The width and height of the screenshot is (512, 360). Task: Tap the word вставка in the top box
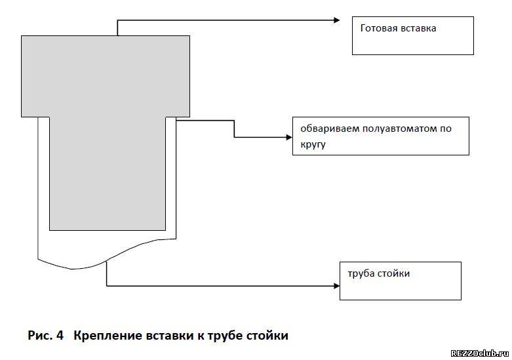(418, 28)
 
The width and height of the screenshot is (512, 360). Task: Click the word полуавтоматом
(399, 129)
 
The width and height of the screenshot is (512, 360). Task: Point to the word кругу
(313, 144)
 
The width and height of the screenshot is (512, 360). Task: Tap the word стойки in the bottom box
(393, 273)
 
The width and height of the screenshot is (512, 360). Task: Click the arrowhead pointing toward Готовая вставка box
(337, 20)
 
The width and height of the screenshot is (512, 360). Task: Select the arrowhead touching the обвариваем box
(289, 137)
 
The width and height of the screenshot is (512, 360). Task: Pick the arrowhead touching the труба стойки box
(337, 286)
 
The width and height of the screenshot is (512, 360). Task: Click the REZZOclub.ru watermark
(480, 353)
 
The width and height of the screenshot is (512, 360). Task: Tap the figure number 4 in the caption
(60, 336)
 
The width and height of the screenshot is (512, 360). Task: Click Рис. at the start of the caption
(40, 336)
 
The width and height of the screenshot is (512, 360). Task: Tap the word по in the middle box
(445, 129)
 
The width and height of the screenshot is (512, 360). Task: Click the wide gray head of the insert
(106, 76)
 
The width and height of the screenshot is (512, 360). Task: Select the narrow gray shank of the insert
(108, 174)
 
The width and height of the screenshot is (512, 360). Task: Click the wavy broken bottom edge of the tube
(107, 261)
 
